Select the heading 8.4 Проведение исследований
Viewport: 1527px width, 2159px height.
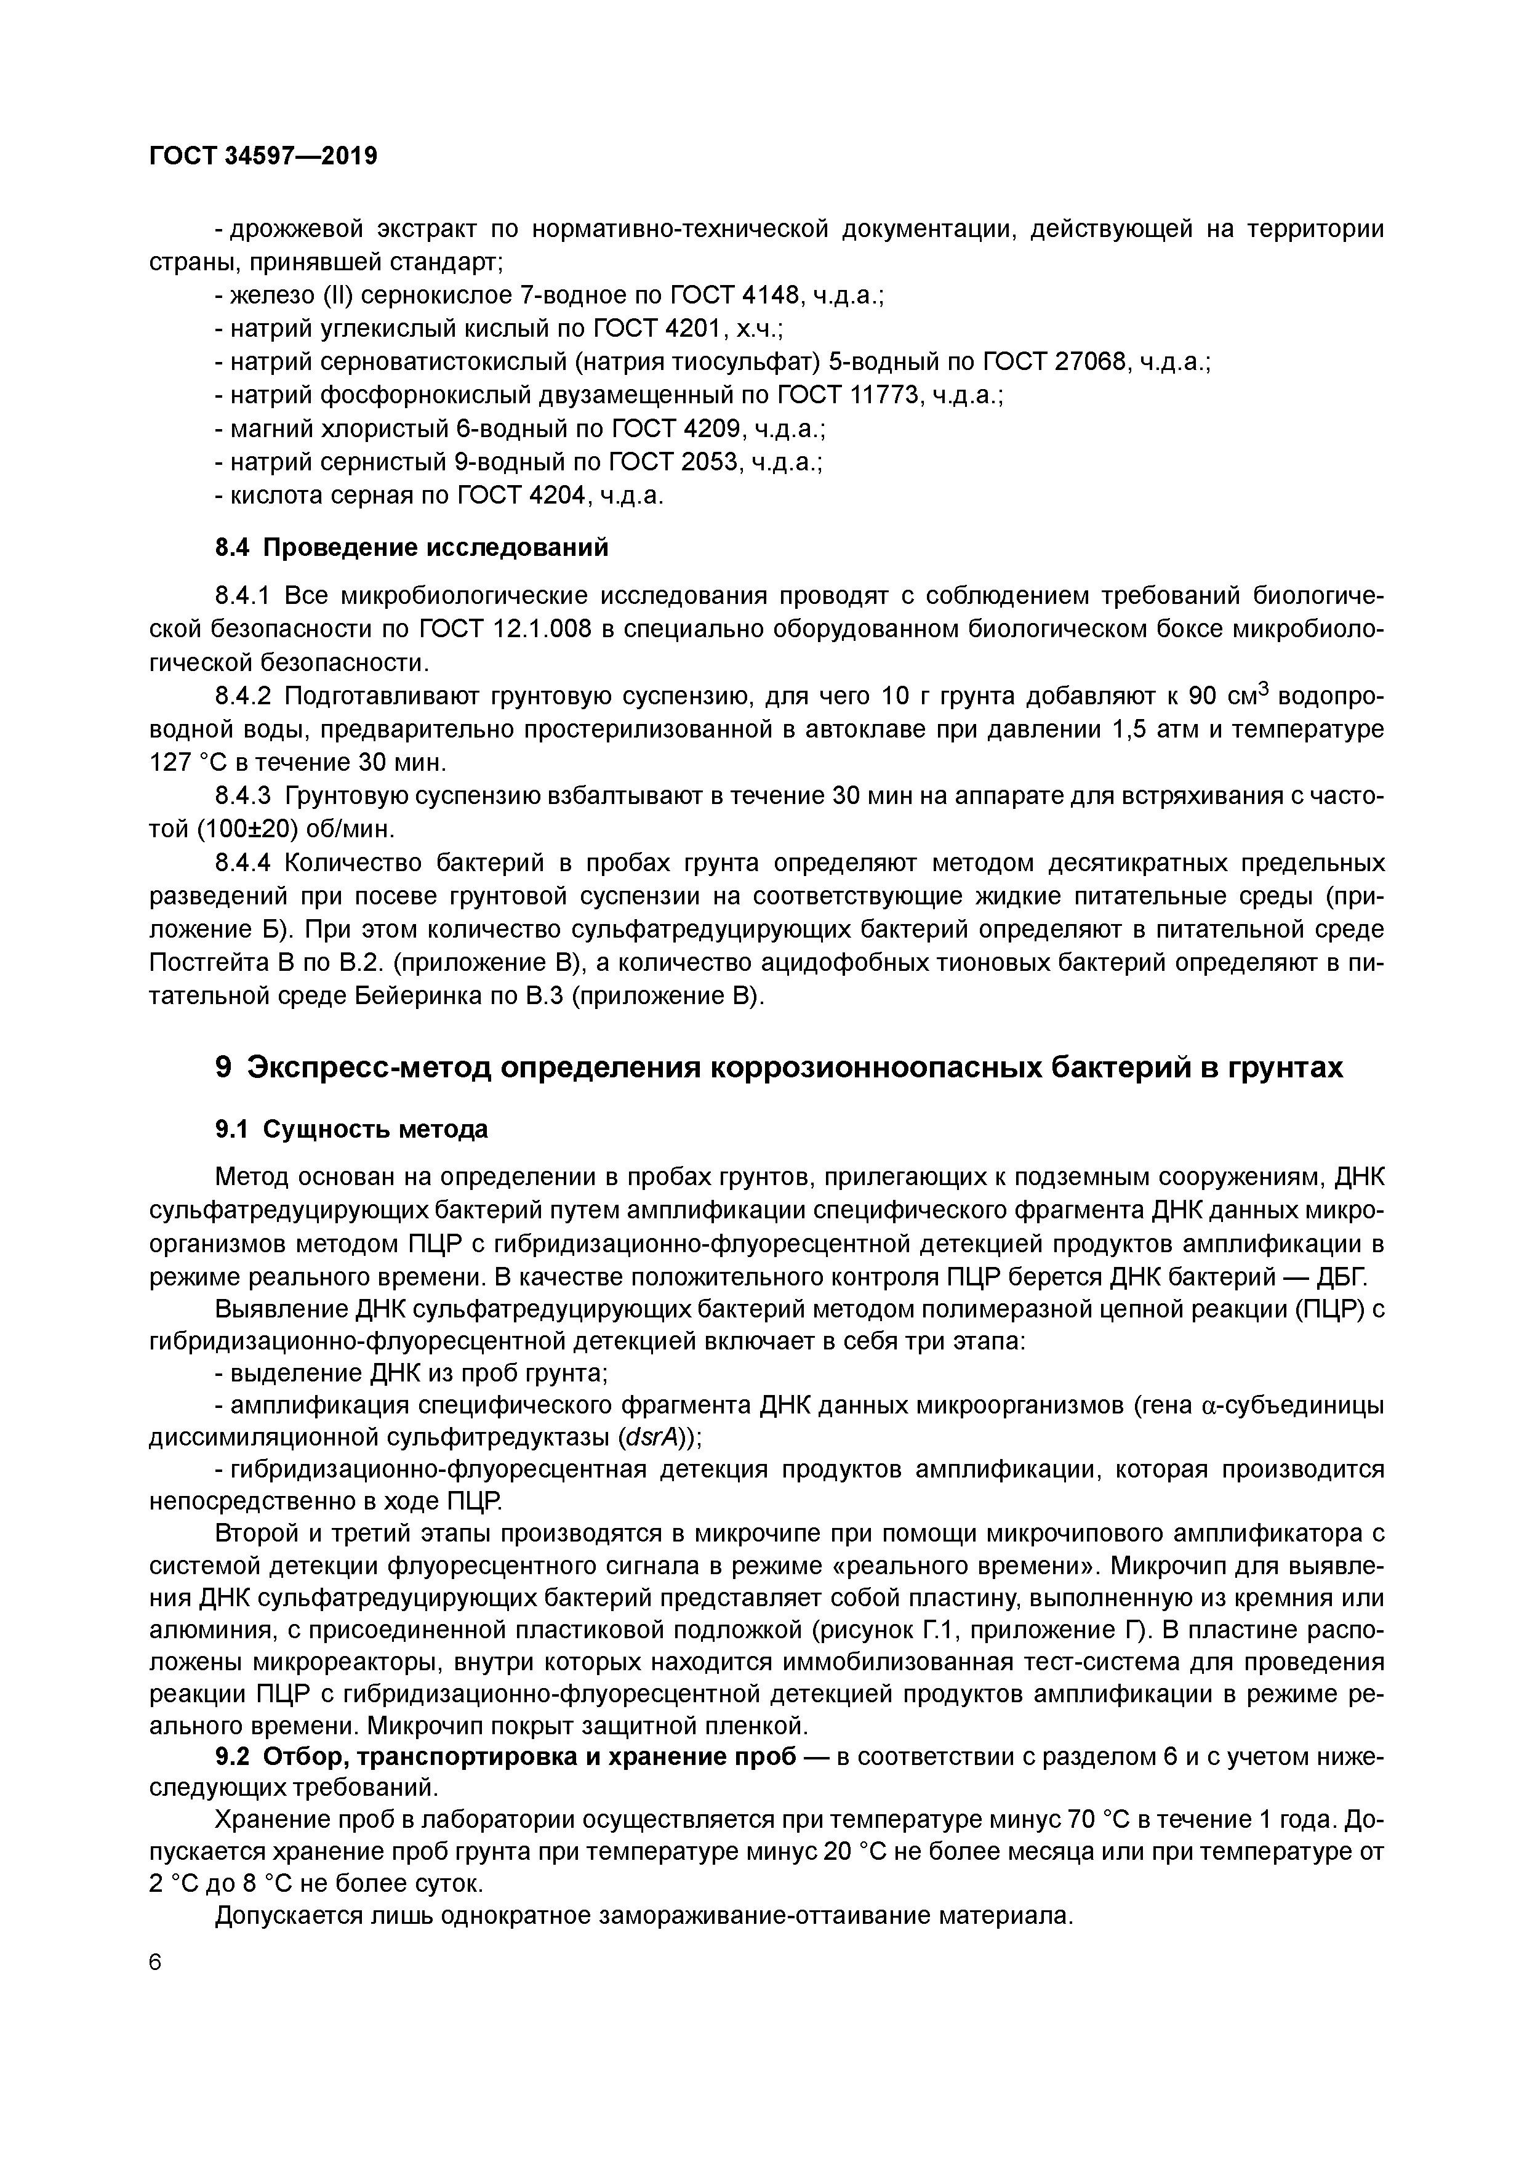pos(412,547)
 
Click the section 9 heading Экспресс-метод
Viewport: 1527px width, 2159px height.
pos(779,1067)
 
